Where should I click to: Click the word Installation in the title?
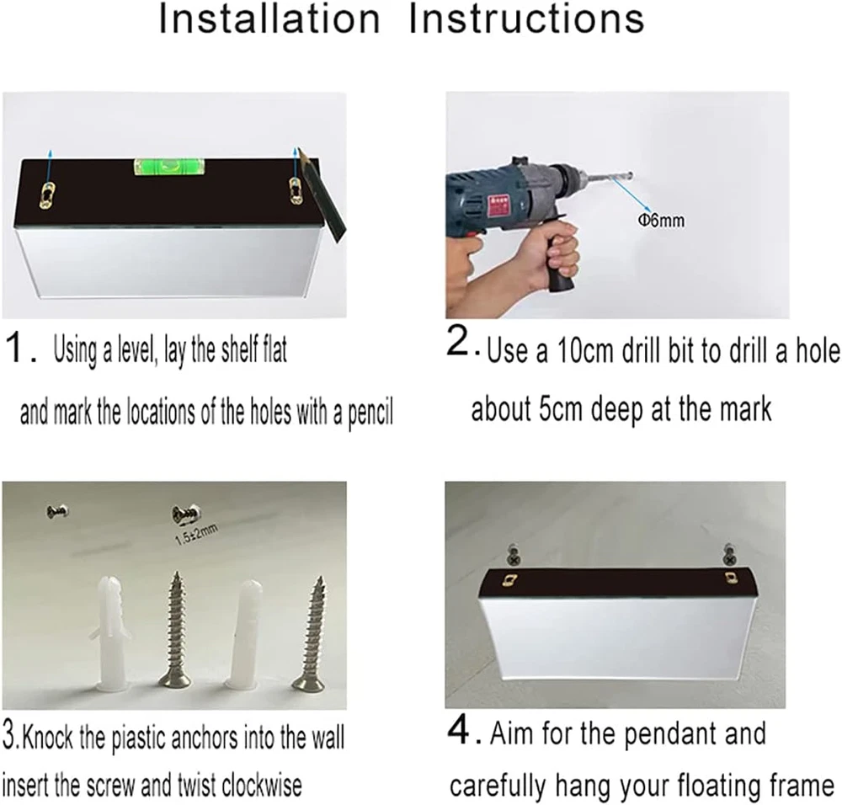pos(269,19)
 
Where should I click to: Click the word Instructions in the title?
pos(526,19)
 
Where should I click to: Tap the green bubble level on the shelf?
pos(165,167)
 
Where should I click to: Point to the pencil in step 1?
pos(323,195)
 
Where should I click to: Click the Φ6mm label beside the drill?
pos(661,220)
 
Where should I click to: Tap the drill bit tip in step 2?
pos(631,174)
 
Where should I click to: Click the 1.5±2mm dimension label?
pos(197,536)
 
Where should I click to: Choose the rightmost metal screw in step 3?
pos(311,634)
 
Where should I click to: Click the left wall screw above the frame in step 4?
pos(514,555)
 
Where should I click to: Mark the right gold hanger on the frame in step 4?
pos(730,578)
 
